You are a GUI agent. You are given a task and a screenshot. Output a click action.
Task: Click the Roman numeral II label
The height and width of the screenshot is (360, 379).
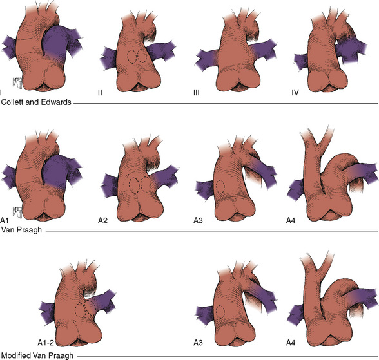(100, 93)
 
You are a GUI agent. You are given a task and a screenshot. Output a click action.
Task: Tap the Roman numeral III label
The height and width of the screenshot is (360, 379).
(197, 93)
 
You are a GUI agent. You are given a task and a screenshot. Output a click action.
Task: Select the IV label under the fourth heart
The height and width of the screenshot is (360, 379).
(295, 93)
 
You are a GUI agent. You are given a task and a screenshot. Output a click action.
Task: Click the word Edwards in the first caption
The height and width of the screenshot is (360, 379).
(56, 102)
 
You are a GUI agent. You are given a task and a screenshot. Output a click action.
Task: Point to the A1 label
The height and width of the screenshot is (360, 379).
(5, 220)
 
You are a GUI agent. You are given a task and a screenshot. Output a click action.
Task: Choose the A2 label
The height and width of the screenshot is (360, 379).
(102, 220)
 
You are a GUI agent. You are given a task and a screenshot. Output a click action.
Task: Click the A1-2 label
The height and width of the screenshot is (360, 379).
(46, 343)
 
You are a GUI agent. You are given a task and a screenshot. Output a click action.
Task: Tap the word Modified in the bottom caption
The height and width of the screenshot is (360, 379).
(15, 355)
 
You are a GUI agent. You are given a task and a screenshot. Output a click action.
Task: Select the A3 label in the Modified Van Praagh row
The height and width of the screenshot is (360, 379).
(198, 343)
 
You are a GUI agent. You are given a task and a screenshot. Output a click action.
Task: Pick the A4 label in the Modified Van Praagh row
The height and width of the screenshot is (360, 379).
(291, 343)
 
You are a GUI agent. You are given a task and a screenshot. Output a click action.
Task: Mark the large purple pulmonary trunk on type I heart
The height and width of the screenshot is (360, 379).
(55, 43)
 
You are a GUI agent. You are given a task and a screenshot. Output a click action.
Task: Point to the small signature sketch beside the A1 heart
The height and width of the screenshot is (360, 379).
(17, 213)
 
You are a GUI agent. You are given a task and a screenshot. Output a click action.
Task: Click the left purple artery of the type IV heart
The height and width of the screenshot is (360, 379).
(301, 62)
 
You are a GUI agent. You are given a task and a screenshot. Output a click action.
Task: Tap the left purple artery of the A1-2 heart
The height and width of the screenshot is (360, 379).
(48, 312)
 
